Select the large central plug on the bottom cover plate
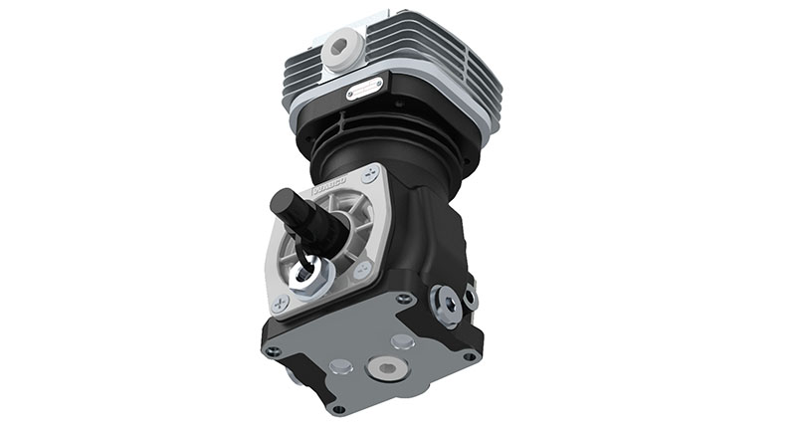[x=386, y=369]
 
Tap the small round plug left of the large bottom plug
[x=338, y=365]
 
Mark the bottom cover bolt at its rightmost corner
[x=470, y=355]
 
